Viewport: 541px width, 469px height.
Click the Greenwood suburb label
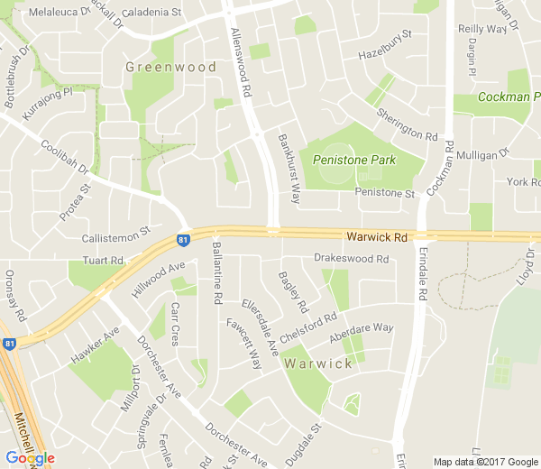coord(171,68)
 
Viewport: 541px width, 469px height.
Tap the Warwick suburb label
coord(318,363)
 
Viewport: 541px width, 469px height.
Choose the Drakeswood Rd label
coord(351,259)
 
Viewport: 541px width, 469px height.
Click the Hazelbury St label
coord(384,44)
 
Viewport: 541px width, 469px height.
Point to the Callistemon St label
coord(115,236)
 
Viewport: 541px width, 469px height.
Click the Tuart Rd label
coord(102,261)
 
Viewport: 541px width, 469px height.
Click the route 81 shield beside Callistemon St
coord(183,240)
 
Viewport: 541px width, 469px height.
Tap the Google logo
coord(31,458)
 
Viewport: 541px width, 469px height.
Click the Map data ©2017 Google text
coord(484,461)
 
